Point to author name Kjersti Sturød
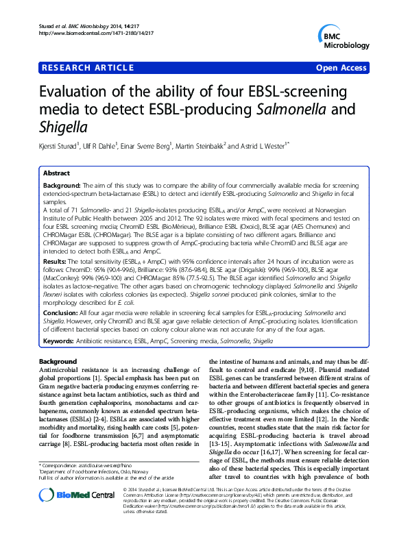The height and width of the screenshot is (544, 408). coord(62,145)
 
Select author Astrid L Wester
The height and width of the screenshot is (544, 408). coord(265,145)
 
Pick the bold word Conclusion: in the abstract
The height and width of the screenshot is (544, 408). coord(63,312)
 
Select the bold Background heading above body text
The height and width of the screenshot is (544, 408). coord(58,360)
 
